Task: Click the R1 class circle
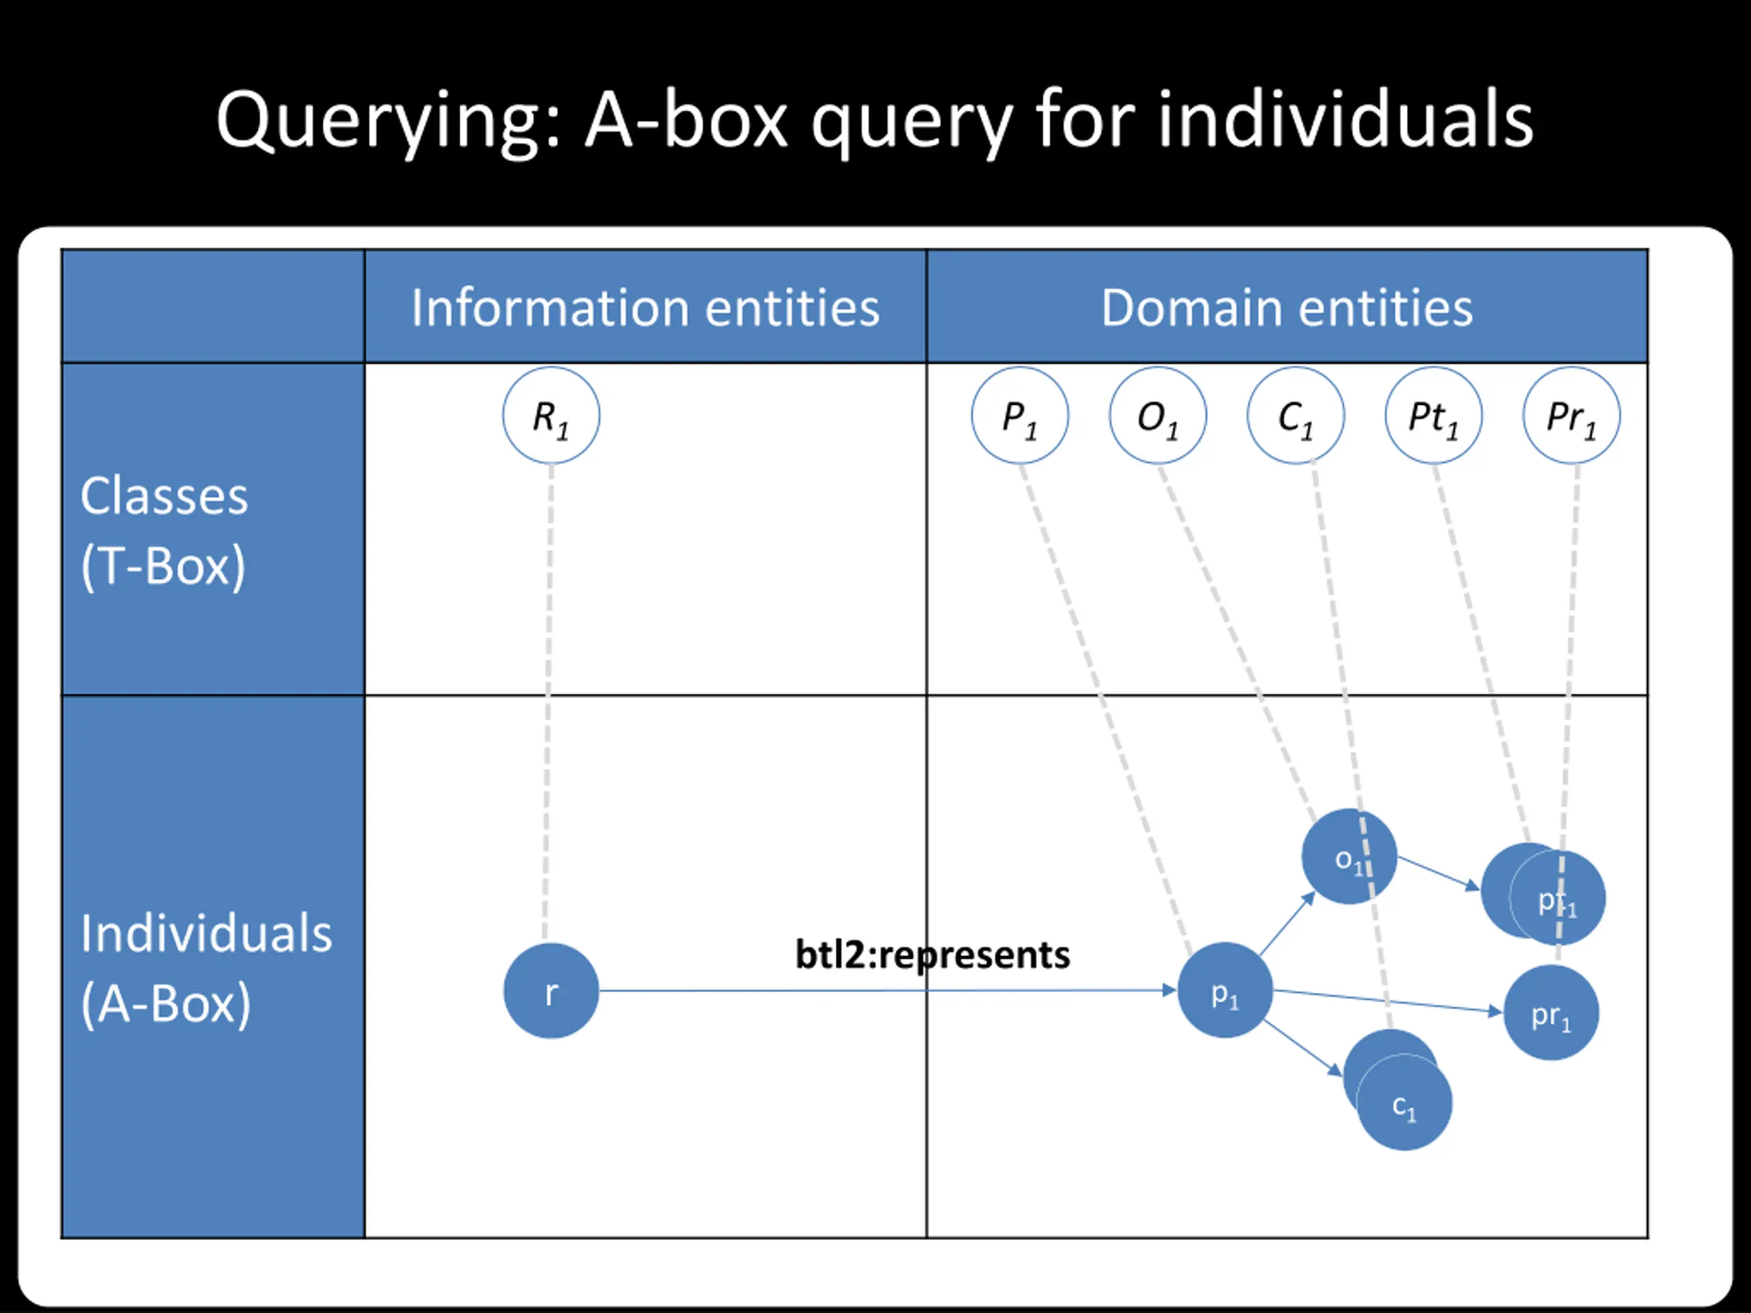551,416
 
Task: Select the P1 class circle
1020,416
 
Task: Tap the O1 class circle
1158,416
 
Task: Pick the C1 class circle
1296,416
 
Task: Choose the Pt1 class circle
1434,416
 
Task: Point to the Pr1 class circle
1571,416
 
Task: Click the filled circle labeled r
551,990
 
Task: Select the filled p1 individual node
1226,990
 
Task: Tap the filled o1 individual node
1349,856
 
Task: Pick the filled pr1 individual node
1551,1013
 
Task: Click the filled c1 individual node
1404,1102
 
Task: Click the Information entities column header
645,307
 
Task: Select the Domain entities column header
1287,307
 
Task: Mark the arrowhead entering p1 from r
1169,990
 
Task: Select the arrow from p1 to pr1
1388,1001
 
